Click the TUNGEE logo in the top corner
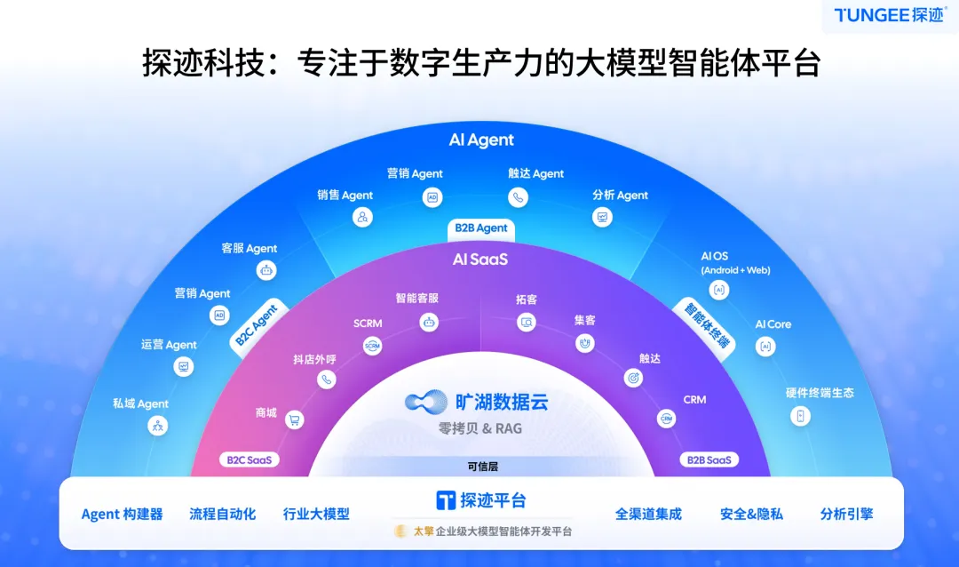click(889, 15)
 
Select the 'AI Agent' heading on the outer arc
click(481, 140)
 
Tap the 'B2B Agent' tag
click(481, 228)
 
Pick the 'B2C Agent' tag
click(258, 325)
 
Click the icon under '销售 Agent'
click(362, 217)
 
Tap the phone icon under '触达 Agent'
click(518, 197)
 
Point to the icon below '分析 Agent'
click(602, 217)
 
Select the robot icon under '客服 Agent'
click(265, 271)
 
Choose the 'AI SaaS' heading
click(480, 260)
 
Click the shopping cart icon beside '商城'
click(293, 420)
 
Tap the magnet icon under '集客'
click(584, 342)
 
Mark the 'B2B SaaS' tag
click(708, 460)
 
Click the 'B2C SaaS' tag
click(250, 460)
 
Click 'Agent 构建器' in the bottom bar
click(123, 515)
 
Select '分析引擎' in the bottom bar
click(846, 514)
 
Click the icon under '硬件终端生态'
click(800, 415)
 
